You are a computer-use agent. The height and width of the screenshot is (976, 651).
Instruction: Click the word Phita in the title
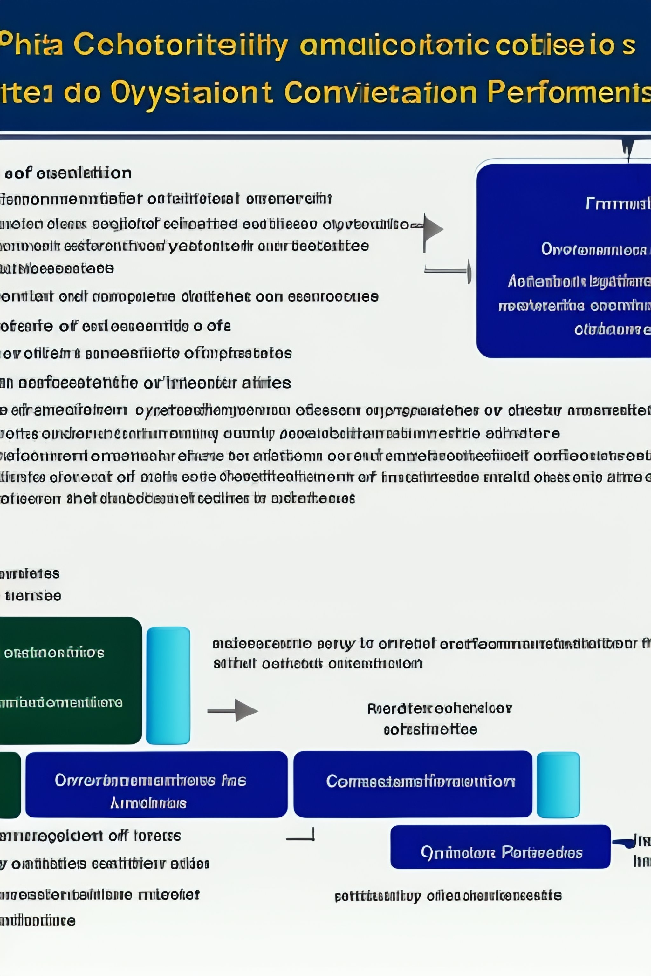31,44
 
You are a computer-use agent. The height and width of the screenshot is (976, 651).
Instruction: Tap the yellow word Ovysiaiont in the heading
191,92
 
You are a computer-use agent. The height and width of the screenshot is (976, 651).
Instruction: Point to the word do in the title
82,92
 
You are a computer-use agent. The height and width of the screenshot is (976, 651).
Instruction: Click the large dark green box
71,681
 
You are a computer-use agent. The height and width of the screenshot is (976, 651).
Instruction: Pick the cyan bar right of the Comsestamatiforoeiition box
558,784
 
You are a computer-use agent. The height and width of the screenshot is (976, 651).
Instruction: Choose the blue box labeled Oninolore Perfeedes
500,853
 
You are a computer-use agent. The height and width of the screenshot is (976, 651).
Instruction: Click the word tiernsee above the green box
33,596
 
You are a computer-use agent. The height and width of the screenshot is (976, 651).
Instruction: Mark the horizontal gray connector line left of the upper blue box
446,271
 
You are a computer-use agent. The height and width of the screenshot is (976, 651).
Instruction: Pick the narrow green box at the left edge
10,784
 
